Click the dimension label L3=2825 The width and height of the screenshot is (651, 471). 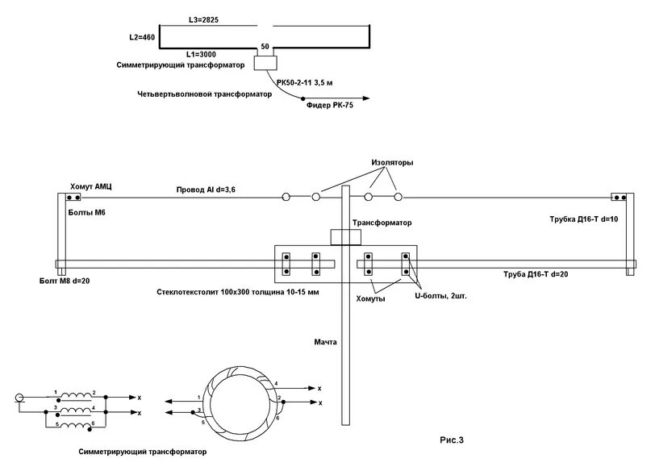coord(203,19)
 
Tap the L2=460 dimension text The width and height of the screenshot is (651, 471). coord(142,37)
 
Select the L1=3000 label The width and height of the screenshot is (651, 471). coord(201,54)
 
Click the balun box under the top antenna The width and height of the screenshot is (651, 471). coord(265,63)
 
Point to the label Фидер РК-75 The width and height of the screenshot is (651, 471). coord(330,106)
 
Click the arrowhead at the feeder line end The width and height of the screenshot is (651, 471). coord(365,98)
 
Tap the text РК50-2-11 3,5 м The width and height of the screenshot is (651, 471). coord(304,82)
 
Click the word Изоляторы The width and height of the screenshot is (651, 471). coord(392,162)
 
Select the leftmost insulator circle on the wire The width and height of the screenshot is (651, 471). coord(286,197)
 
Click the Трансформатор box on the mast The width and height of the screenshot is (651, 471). coord(346,237)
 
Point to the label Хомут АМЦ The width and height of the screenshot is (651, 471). coord(91,187)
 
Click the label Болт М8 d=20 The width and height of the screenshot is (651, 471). coord(65,281)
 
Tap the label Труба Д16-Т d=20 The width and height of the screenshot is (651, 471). coord(536,274)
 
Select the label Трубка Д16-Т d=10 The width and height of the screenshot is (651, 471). coord(584,219)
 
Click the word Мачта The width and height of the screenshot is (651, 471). coord(326,342)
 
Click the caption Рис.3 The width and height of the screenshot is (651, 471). coord(452,440)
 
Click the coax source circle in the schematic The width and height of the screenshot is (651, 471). coord(19,398)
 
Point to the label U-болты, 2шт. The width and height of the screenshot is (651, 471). coord(441,296)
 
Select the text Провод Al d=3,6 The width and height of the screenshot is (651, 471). coord(206,190)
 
